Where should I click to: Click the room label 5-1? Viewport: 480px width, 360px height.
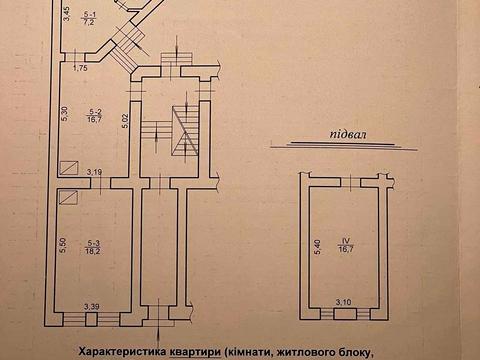89,12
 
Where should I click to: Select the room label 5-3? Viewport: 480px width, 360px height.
93,243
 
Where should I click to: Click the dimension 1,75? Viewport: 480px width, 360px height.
81,67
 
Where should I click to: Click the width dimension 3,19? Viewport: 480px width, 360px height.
94,172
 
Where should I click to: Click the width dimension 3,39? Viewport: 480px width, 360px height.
92,306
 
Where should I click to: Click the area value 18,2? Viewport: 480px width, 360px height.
93,251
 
